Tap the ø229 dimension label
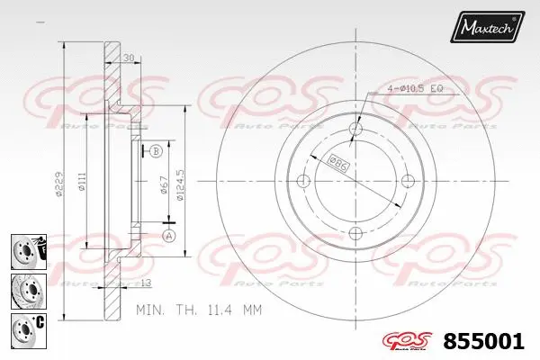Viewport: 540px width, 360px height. (58, 184)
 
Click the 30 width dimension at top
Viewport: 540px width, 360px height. (128, 58)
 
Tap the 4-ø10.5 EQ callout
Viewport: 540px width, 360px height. (413, 87)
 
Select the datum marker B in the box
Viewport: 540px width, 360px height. (156, 151)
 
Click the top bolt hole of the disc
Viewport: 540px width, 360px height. (355, 130)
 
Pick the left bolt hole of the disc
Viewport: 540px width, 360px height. (303, 182)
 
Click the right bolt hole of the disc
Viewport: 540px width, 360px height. (407, 182)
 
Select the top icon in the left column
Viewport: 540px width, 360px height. (28, 248)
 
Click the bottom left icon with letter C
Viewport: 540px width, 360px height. (28, 328)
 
